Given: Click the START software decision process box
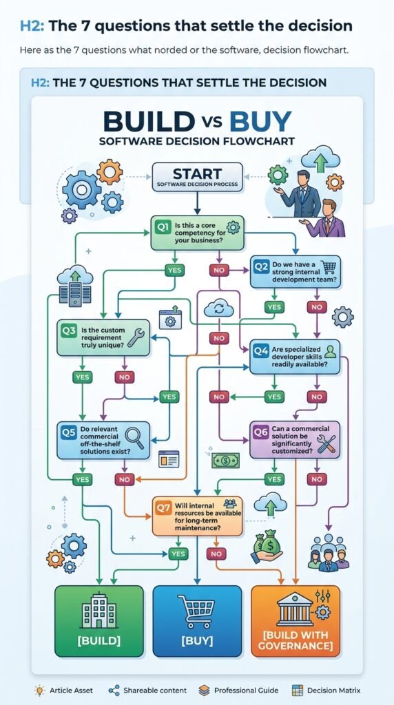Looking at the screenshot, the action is coord(197,177).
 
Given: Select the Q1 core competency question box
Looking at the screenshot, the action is coord(197,233).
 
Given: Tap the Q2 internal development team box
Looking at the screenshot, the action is coord(295,271).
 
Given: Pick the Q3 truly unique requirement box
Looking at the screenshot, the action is coord(103,337).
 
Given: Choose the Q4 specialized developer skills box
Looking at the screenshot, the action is coord(295,357).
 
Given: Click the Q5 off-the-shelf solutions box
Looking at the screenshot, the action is coord(103,440).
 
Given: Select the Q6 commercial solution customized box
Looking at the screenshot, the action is coord(295,440).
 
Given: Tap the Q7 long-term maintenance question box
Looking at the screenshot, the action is coord(198,516).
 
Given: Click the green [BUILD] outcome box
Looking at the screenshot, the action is coord(99,621).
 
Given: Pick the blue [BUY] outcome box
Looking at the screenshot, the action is coord(197,621).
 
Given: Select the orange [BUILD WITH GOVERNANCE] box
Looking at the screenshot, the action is coord(295,621).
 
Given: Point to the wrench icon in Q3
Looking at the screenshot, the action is coord(136,337).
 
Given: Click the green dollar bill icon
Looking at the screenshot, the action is coord(226,460).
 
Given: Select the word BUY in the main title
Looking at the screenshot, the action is coord(260,121).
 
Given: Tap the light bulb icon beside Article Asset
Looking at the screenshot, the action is coord(39,690).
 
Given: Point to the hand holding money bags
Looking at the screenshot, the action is coord(267,546).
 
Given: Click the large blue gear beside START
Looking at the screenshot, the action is coord(81,189).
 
